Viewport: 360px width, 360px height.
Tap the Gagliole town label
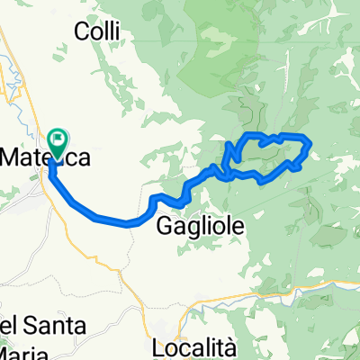[199, 226]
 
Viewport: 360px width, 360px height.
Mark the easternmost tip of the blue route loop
[310, 143]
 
